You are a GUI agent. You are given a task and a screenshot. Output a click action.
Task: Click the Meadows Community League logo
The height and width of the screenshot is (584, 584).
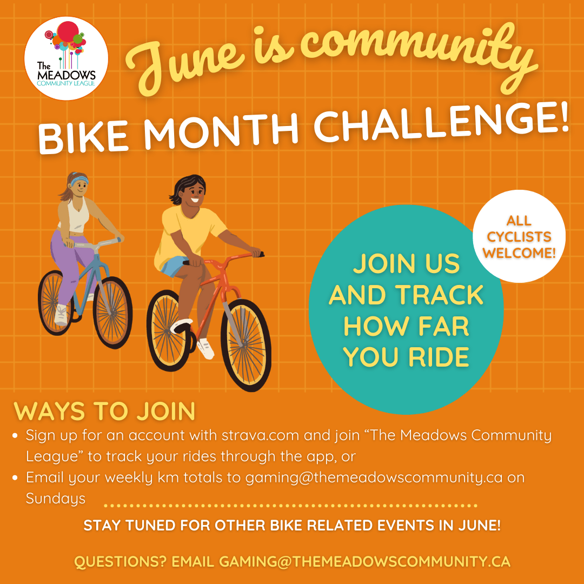(x=67, y=58)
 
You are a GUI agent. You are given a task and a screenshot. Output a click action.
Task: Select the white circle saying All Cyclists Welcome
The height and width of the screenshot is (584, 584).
(x=519, y=236)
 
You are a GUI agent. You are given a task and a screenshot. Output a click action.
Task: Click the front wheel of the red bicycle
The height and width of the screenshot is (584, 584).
(x=246, y=344)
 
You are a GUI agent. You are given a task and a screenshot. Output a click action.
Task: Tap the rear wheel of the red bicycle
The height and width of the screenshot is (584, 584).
(x=168, y=330)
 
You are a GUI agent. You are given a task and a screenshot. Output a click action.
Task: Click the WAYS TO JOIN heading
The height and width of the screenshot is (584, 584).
(x=104, y=411)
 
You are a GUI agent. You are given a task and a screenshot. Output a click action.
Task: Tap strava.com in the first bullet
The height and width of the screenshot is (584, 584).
(x=260, y=435)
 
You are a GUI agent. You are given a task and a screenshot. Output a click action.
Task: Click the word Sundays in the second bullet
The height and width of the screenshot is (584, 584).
(x=56, y=499)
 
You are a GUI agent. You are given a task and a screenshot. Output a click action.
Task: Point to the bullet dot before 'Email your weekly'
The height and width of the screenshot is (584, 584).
(x=15, y=478)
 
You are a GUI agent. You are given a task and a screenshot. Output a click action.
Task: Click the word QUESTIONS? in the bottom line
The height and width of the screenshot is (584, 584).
(x=120, y=562)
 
